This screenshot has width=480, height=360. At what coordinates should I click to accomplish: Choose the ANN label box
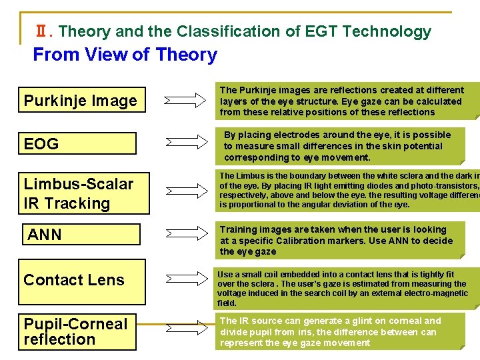point(81,235)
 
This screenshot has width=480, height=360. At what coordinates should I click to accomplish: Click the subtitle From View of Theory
point(125,55)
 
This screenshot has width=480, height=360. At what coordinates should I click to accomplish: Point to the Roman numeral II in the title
point(41,31)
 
